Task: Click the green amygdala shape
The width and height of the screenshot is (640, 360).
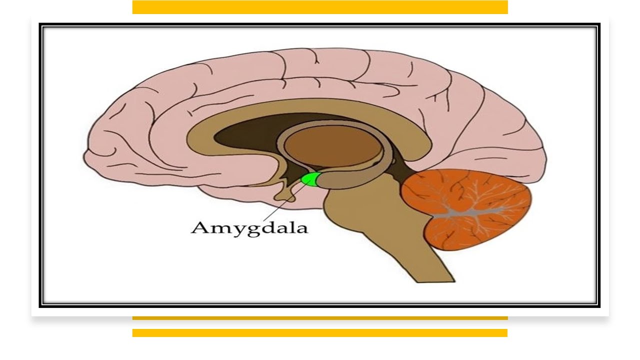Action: coord(309,179)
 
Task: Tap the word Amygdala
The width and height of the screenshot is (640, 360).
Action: coord(249,228)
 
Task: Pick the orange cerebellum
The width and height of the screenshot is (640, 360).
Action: coord(467,209)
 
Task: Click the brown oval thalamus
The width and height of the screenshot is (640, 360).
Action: coord(333,145)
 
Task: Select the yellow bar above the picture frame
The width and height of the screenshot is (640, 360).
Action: coord(320,7)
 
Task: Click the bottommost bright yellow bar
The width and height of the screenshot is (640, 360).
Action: coord(320,333)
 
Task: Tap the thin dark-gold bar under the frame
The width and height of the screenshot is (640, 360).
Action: coord(320,318)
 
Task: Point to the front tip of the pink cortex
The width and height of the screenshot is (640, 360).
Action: coord(84,158)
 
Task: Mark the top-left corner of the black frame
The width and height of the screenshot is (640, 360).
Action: coord(39,23)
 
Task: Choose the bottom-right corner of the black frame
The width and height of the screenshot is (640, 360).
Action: coord(600,307)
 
